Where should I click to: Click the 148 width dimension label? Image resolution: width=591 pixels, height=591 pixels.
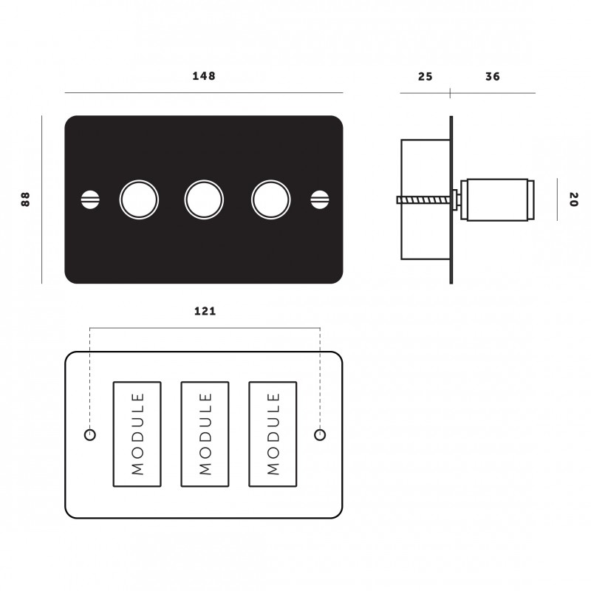(x=204, y=76)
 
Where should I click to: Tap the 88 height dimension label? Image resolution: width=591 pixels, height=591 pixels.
(x=26, y=199)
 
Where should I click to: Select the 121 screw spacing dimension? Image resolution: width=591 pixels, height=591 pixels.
(x=205, y=311)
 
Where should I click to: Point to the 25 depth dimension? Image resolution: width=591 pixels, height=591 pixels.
(x=425, y=77)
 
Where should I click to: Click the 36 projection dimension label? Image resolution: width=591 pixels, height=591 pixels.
(x=493, y=77)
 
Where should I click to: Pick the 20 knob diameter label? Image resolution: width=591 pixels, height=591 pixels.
(x=573, y=199)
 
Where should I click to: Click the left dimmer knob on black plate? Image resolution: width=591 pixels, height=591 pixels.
(x=139, y=199)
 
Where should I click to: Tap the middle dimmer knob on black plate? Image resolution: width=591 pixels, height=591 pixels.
(x=203, y=199)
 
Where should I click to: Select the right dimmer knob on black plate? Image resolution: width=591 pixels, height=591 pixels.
(x=269, y=199)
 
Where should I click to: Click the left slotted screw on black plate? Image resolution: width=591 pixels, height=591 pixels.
(x=89, y=199)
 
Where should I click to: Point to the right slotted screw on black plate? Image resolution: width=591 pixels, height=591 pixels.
(x=320, y=199)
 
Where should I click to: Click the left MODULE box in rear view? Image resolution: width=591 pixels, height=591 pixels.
(x=137, y=434)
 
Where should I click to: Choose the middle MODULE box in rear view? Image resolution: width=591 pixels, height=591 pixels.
(x=205, y=434)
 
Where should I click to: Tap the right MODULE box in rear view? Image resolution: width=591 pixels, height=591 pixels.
(x=273, y=434)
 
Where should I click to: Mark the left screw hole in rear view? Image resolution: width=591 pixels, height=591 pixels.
(x=91, y=434)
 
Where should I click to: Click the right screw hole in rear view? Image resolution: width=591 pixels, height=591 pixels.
(x=320, y=434)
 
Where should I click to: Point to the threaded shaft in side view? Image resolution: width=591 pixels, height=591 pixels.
(x=425, y=199)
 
